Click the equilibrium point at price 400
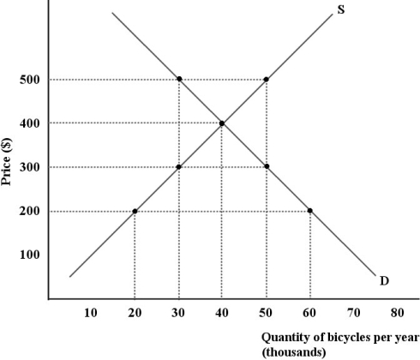click(222, 123)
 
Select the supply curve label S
click(341, 11)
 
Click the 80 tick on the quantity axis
click(397, 313)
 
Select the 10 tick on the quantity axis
click(91, 313)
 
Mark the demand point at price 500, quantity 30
click(178, 80)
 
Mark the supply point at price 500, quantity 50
click(266, 80)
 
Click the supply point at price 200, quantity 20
click(135, 211)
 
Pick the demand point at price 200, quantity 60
click(309, 211)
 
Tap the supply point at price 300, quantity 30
click(178, 167)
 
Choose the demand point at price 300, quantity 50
click(266, 167)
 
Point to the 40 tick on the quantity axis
click(222, 313)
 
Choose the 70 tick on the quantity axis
click(353, 313)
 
